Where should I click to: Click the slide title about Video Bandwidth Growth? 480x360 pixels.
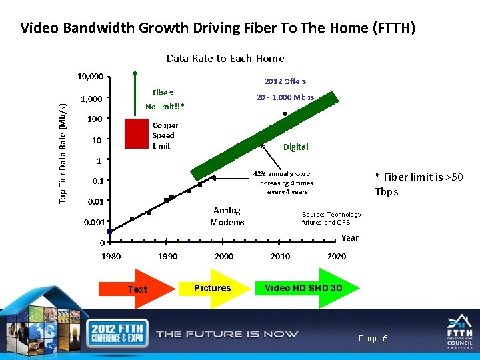click(217, 28)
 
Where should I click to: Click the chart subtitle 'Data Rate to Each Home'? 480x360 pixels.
click(225, 59)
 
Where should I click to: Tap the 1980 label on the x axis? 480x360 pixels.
click(111, 257)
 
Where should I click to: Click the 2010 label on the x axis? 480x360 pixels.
click(280, 257)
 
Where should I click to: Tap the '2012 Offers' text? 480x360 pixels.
click(285, 81)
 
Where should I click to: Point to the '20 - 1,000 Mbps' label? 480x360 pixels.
click(285, 97)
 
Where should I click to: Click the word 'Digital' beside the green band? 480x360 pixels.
click(295, 147)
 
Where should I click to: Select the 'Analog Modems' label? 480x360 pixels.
click(227, 217)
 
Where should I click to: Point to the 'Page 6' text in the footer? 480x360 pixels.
click(373, 339)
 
